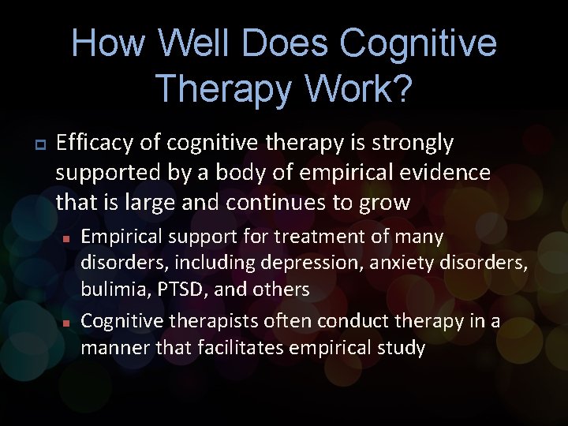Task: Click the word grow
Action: pos(386,203)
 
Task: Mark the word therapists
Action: pos(207,322)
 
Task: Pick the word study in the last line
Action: pos(399,348)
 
